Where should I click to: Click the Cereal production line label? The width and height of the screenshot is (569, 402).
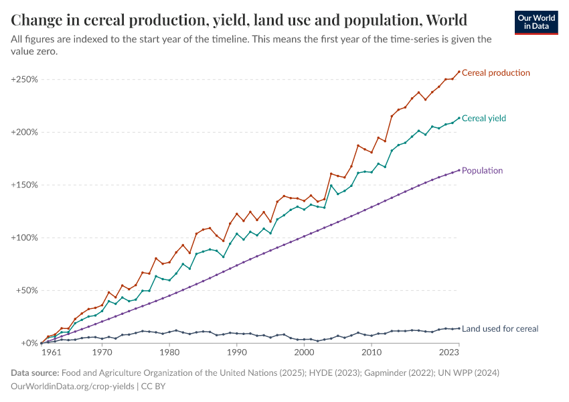495,72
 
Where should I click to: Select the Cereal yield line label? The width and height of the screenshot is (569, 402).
483,118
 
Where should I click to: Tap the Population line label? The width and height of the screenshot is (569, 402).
482,170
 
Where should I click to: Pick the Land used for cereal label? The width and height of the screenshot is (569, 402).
499,328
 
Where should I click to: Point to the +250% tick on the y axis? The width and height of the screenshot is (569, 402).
24,79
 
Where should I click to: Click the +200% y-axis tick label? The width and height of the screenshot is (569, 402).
24,132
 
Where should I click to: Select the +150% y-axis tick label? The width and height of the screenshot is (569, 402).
24,185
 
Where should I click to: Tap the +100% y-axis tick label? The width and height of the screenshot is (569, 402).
24,238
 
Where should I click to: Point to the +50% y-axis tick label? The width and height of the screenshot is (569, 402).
26,291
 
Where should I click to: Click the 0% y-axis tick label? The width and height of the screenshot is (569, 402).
30,343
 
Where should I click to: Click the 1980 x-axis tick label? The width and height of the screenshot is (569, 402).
169,352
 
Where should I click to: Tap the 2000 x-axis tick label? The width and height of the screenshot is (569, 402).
304,352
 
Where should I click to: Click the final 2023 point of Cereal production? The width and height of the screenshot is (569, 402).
459,72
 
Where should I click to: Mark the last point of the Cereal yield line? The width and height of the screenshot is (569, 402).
459,118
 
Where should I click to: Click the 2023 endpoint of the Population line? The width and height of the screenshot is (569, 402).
459,170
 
